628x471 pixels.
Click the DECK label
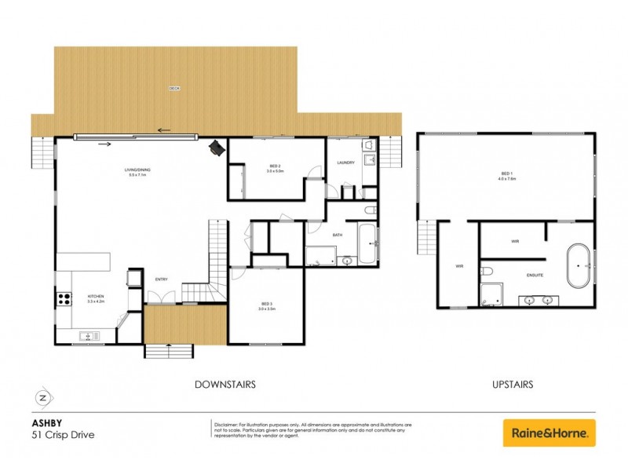pos(174,89)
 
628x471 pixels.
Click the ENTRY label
pos(162,279)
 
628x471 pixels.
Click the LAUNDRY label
pos(346,163)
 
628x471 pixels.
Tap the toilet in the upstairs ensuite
pos(487,272)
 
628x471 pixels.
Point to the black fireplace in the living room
pos(216,148)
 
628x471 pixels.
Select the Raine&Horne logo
pos(549,433)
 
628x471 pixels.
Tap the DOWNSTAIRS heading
pos(225,385)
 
